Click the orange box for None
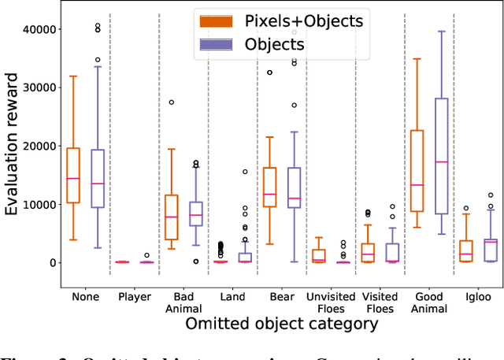pos(72,175)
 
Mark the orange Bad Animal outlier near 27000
pos(171,102)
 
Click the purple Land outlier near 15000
pos(245,172)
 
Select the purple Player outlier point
pos(146,255)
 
